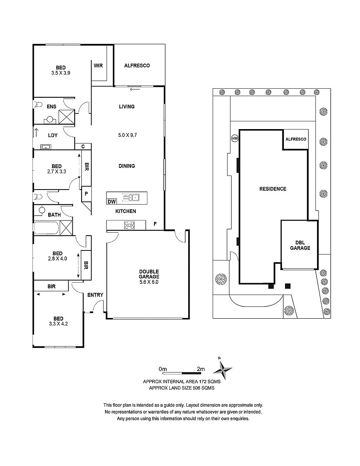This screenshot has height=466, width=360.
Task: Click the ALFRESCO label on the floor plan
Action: [137, 66]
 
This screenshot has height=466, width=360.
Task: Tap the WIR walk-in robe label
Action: [98, 66]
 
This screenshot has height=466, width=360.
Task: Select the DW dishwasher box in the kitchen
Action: [111, 202]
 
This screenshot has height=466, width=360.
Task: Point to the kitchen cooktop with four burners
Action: [130, 225]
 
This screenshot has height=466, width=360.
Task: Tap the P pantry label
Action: [86, 194]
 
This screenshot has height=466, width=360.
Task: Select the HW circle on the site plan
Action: [234, 138]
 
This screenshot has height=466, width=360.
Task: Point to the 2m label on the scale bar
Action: [200, 369]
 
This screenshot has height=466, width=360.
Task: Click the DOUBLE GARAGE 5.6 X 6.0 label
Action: [149, 276]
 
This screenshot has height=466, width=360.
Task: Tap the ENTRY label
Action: [95, 295]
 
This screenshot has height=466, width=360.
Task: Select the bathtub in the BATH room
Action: [46, 227]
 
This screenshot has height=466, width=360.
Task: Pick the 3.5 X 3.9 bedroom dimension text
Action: [61, 73]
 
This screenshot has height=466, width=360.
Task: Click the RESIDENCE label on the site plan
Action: [273, 189]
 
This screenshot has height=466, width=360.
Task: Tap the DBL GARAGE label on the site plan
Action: [300, 245]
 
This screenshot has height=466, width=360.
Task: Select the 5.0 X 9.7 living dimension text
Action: [126, 135]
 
